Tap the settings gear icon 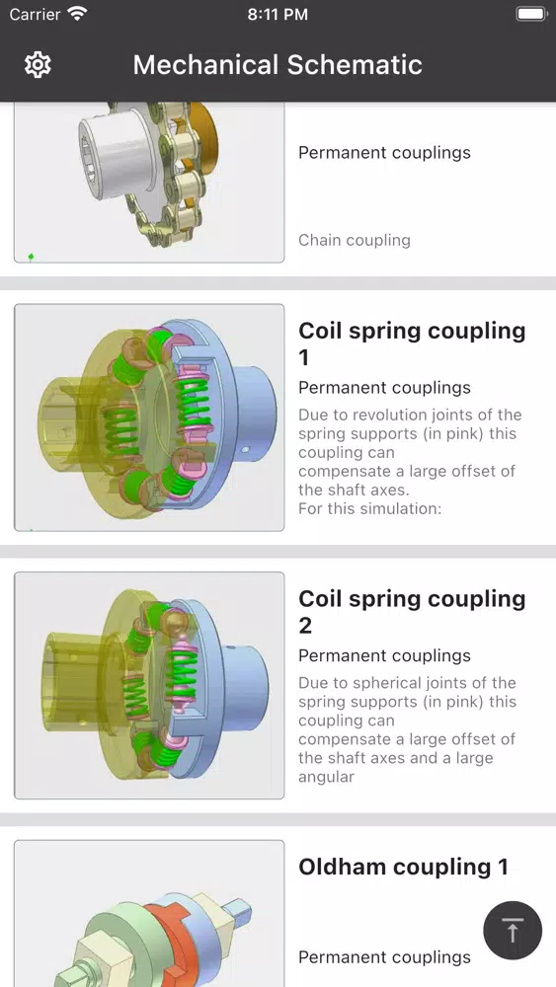pos(38,65)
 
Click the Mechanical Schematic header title pos(278,65)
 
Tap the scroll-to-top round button pos(513,931)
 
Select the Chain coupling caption pos(355,240)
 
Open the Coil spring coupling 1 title pos(412,343)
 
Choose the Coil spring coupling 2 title pos(412,612)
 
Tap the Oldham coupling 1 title pos(403,867)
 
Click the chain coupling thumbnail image pos(149,182)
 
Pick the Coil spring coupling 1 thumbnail pos(149,418)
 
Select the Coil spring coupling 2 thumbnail pos(149,686)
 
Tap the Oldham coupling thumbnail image pos(149,913)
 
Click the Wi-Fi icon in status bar pos(78,14)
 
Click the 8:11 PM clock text pos(278,15)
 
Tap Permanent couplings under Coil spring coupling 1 pos(385,388)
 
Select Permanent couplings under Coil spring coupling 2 pos(385,656)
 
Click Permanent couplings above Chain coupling pos(385,153)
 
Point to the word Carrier pos(36,14)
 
